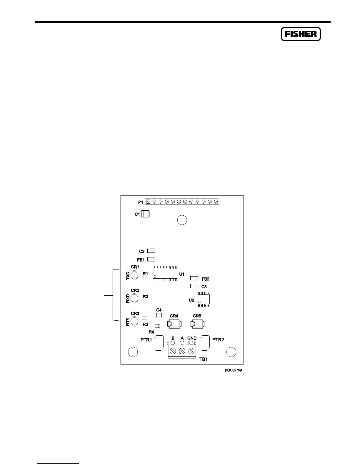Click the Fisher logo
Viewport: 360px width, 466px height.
click(301, 34)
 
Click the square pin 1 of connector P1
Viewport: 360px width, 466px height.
click(148, 202)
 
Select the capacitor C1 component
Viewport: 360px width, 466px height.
click(145, 214)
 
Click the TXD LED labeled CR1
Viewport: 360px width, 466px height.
click(134, 275)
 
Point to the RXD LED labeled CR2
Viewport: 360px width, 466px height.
click(134, 299)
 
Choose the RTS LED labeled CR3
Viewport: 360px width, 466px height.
click(134, 322)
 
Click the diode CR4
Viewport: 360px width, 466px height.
click(174, 324)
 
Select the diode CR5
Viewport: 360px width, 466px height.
click(197, 324)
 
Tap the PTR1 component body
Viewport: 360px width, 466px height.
click(159, 343)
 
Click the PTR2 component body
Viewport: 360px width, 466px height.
click(205, 343)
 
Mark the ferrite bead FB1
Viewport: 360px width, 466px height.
click(151, 259)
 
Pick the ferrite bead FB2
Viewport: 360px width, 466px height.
click(194, 278)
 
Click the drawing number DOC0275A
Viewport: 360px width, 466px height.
click(234, 370)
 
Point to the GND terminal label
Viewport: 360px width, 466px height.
click(192, 338)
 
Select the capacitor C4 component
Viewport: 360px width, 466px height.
click(159, 315)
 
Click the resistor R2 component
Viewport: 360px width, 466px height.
click(144, 301)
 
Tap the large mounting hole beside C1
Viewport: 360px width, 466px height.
click(182, 220)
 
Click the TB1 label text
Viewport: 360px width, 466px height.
click(204, 359)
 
